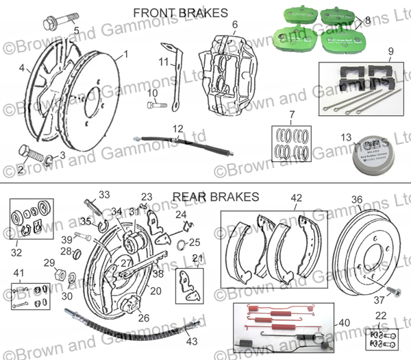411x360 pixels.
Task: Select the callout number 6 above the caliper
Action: point(234,25)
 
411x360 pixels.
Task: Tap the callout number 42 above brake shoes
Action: point(296,199)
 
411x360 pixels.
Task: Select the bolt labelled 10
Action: point(156,106)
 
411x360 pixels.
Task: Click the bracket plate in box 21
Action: point(187,284)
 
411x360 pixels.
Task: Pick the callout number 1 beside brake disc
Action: point(126,53)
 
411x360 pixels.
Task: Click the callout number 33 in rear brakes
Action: point(104,193)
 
